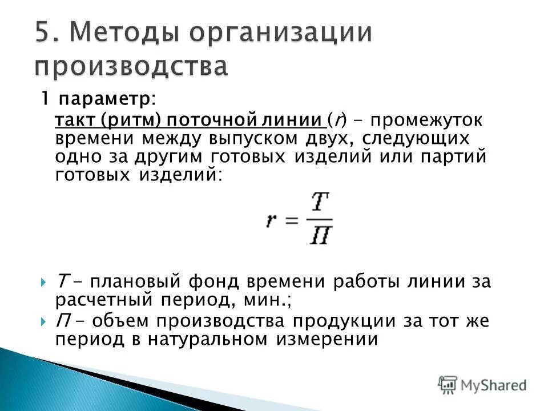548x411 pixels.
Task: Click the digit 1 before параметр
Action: (43, 99)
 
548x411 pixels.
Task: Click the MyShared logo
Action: (482, 385)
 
